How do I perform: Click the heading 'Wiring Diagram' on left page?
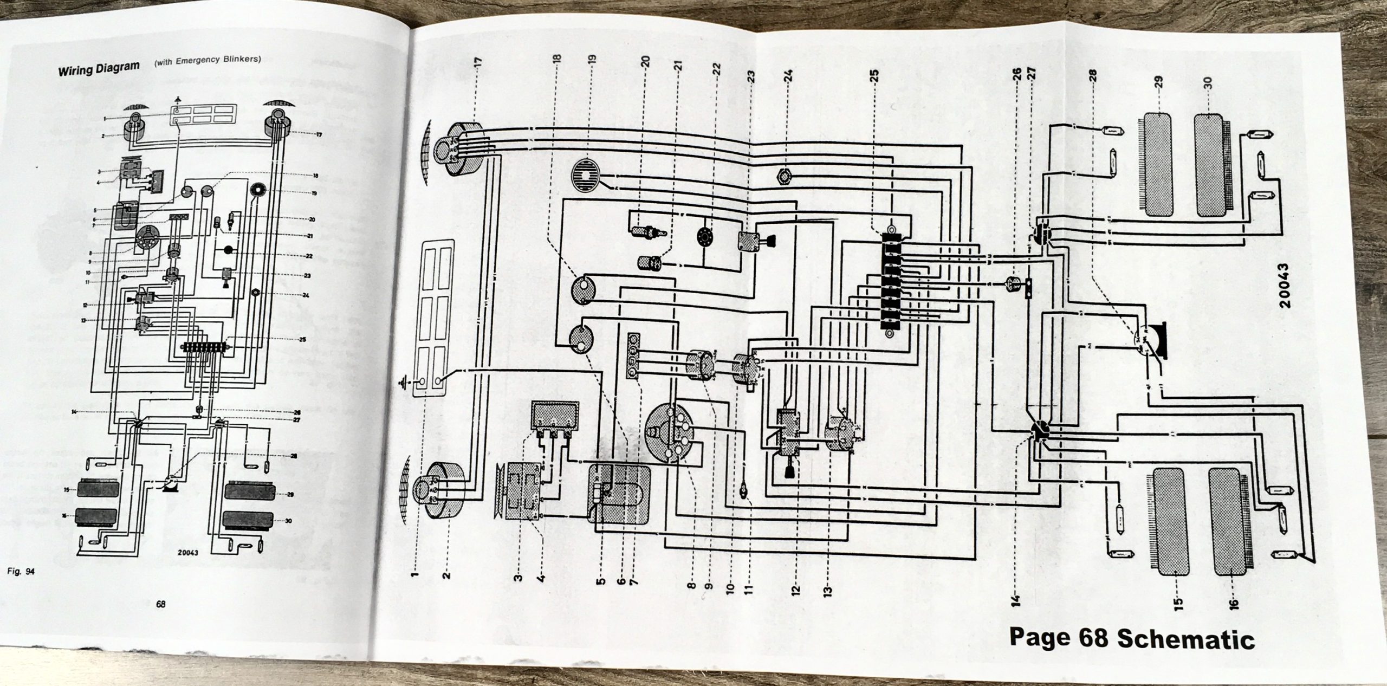click(x=99, y=69)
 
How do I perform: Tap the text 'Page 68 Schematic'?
click(x=1131, y=639)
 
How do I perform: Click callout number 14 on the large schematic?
click(x=1015, y=599)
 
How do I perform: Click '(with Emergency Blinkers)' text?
click(x=208, y=60)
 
